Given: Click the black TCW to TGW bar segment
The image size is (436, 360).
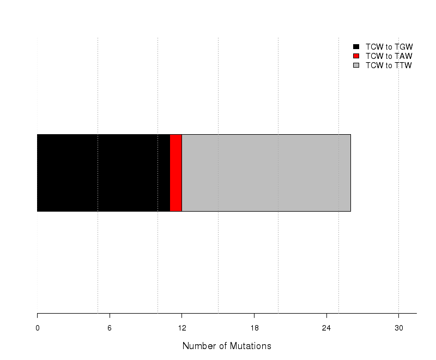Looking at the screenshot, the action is pyautogui.click(x=104, y=173).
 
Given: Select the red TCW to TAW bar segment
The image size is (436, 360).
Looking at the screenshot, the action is pyautogui.click(x=175, y=173).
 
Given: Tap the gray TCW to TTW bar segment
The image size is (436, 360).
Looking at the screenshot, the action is pyautogui.click(x=266, y=173).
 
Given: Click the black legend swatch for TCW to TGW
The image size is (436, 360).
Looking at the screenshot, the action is pyautogui.click(x=356, y=47).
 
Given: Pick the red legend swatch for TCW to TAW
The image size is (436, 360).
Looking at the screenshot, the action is pyautogui.click(x=356, y=56).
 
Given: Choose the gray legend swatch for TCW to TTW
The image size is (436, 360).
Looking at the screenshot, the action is pyautogui.click(x=356, y=65).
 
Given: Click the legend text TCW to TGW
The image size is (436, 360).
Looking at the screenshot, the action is pyautogui.click(x=389, y=47).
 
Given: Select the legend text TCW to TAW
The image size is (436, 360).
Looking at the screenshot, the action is pyautogui.click(x=389, y=56).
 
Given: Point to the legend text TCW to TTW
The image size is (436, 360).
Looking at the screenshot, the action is pyautogui.click(x=389, y=65).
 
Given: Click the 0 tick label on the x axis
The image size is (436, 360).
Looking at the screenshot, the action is pyautogui.click(x=38, y=328).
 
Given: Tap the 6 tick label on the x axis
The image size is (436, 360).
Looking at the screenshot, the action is pyautogui.click(x=110, y=328).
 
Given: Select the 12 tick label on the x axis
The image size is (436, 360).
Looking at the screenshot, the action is pyautogui.click(x=182, y=328).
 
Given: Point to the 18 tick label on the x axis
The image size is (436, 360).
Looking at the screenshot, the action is pyautogui.click(x=255, y=328).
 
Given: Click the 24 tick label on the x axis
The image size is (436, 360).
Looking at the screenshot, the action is pyautogui.click(x=326, y=328).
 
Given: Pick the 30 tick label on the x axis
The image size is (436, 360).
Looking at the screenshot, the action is pyautogui.click(x=399, y=328).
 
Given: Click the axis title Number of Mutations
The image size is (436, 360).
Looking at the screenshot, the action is pyautogui.click(x=227, y=346).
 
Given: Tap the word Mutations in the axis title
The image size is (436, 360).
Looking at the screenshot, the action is pyautogui.click(x=251, y=346).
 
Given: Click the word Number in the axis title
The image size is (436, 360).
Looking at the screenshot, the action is pyautogui.click(x=199, y=346).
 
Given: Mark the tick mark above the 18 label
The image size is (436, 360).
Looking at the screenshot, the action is pyautogui.click(x=254, y=316).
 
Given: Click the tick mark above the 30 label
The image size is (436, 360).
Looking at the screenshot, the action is pyautogui.click(x=399, y=316).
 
